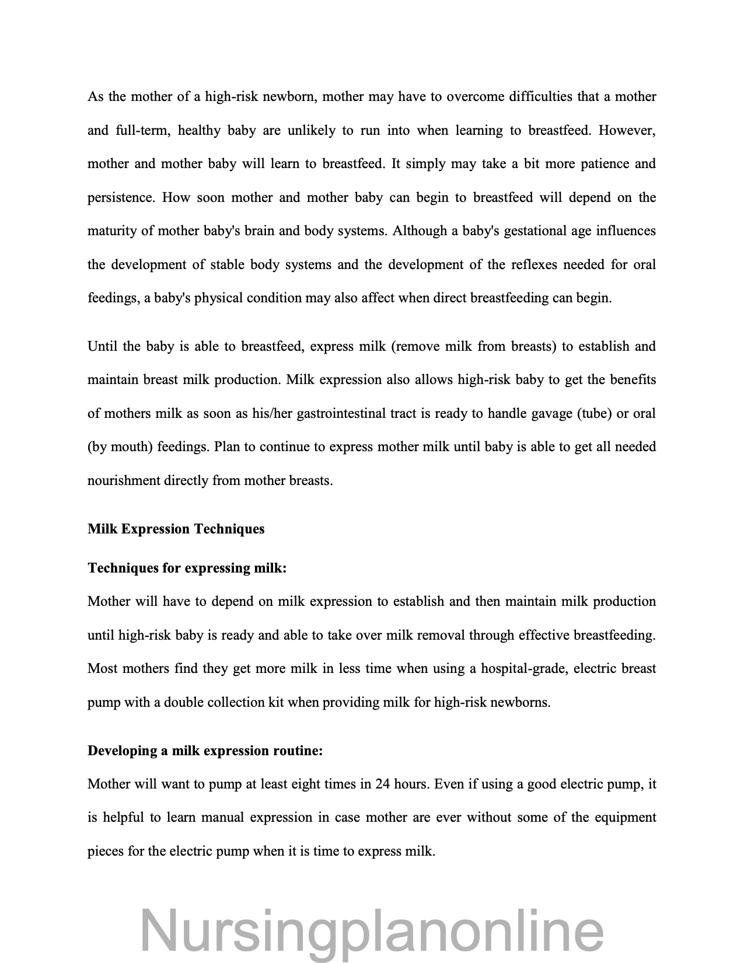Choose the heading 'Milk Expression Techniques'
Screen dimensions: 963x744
point(176,529)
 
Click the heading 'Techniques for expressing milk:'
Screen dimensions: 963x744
point(187,568)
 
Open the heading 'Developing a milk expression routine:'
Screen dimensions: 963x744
point(205,751)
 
